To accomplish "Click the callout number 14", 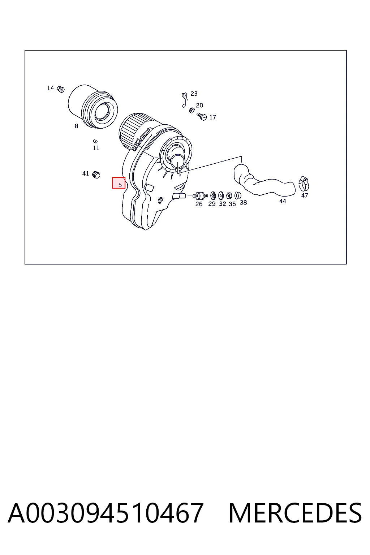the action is point(51,88).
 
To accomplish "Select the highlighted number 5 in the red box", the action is point(120,185).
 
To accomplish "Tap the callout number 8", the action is point(76,126).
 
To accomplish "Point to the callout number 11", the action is point(96,148).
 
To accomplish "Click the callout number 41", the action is point(86,173).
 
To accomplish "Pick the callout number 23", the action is point(194,94).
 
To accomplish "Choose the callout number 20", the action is point(199,105).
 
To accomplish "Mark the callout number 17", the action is point(212,117).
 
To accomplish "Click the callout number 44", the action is point(283,201).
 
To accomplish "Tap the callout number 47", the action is point(305,195).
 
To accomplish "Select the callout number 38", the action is point(244,202).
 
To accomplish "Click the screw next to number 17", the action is point(202,116).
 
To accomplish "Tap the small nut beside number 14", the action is point(61,89).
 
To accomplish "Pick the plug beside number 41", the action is point(96,175).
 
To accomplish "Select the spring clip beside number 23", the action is point(184,100).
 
